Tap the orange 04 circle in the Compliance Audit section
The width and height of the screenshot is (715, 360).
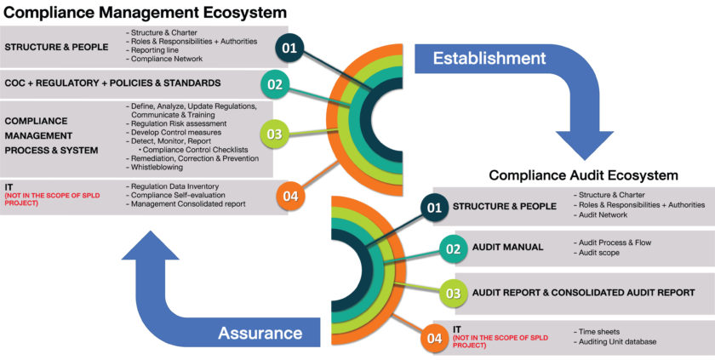click(x=435, y=338)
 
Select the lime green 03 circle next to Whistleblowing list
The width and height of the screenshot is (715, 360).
click(x=274, y=134)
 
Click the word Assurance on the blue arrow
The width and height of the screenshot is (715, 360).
click(x=260, y=333)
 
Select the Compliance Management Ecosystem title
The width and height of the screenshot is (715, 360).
click(x=145, y=12)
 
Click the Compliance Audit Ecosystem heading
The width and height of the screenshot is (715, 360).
click(x=583, y=175)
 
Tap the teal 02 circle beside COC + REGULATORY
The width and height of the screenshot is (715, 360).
click(x=274, y=84)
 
